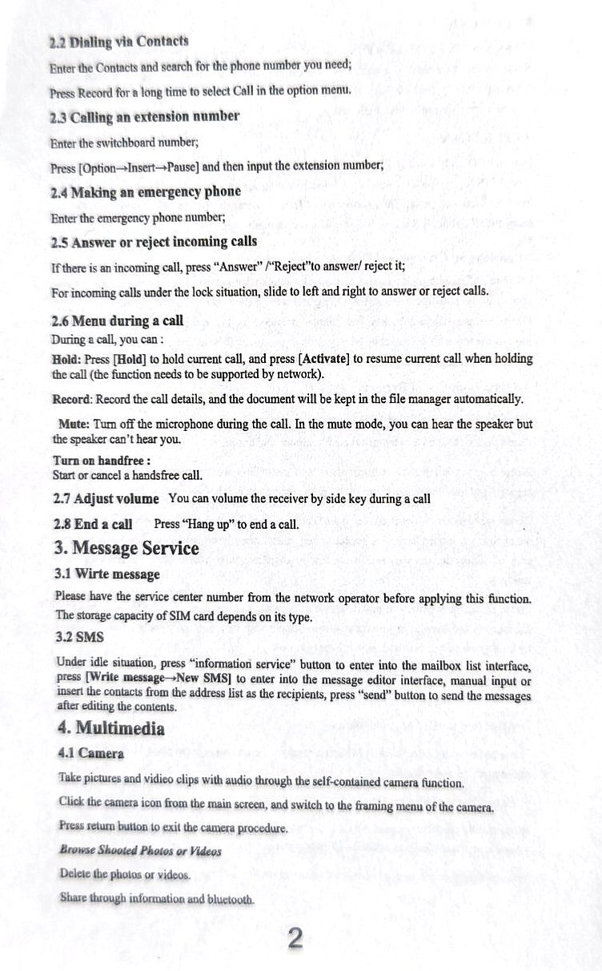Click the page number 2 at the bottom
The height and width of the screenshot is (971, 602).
point(295,938)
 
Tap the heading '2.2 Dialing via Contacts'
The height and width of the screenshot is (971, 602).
point(118,41)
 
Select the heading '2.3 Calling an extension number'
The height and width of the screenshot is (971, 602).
point(144,116)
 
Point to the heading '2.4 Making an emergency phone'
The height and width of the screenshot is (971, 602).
point(145,191)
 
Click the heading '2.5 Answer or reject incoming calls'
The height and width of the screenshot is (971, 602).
point(153,241)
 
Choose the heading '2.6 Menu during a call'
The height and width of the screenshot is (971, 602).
point(117,321)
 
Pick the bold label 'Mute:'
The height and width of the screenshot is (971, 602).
point(74,424)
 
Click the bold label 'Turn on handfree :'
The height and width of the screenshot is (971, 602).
point(102,461)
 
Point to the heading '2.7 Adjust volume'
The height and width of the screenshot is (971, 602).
point(106,498)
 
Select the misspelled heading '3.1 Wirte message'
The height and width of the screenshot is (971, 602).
point(106,574)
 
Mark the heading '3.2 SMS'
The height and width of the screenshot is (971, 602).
point(74,638)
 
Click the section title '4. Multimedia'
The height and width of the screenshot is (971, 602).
point(111,729)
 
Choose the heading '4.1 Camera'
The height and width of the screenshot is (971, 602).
point(91,754)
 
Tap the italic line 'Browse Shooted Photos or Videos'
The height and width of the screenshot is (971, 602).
point(141,850)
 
